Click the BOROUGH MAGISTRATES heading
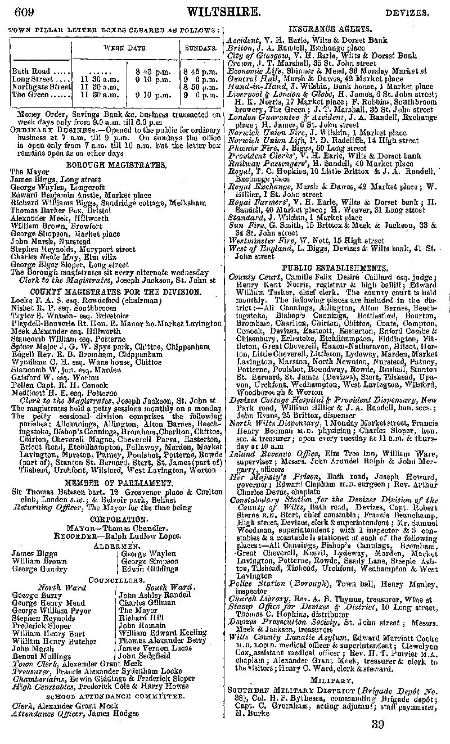tap(116, 165)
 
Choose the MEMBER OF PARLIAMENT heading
tap(116, 482)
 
